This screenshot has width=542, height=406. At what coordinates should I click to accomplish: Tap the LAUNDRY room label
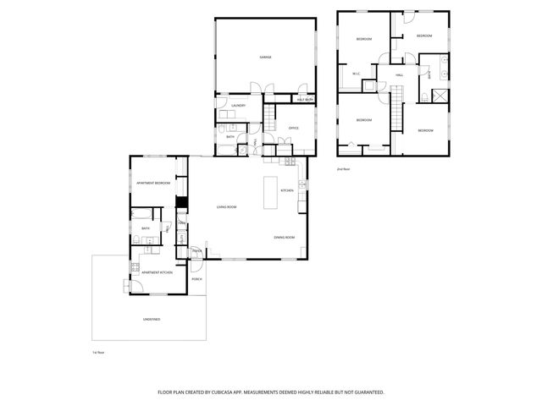point(238,106)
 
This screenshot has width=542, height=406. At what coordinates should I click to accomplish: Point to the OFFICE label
point(294,128)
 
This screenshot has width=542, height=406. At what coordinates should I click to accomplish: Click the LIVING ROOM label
point(226,207)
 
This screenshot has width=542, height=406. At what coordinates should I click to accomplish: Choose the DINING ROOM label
point(284,238)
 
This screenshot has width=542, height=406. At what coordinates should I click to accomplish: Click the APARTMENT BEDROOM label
point(153,183)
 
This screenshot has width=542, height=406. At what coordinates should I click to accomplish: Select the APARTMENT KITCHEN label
point(157,272)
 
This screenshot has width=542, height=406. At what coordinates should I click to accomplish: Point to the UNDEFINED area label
point(151,319)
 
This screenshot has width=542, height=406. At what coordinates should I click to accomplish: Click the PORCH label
point(196,278)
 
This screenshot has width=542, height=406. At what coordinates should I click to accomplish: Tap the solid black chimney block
point(180,202)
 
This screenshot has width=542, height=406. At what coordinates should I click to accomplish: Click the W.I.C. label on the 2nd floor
point(357,74)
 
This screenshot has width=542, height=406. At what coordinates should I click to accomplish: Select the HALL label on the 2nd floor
point(399,75)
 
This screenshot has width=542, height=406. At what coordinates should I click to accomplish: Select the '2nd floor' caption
point(343,169)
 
